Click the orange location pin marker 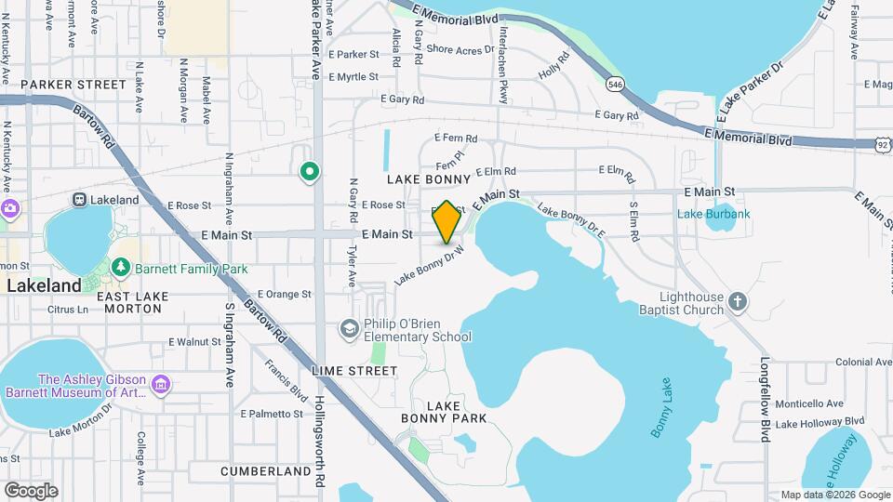[446, 221]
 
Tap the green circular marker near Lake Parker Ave [310, 172]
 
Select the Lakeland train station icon [80, 199]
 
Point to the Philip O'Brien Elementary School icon [349, 327]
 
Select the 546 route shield [614, 85]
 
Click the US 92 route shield [883, 144]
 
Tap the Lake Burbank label [713, 215]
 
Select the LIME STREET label [354, 370]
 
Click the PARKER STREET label [73, 85]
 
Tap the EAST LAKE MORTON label [132, 302]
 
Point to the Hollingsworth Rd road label [319, 437]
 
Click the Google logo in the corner [31, 490]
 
